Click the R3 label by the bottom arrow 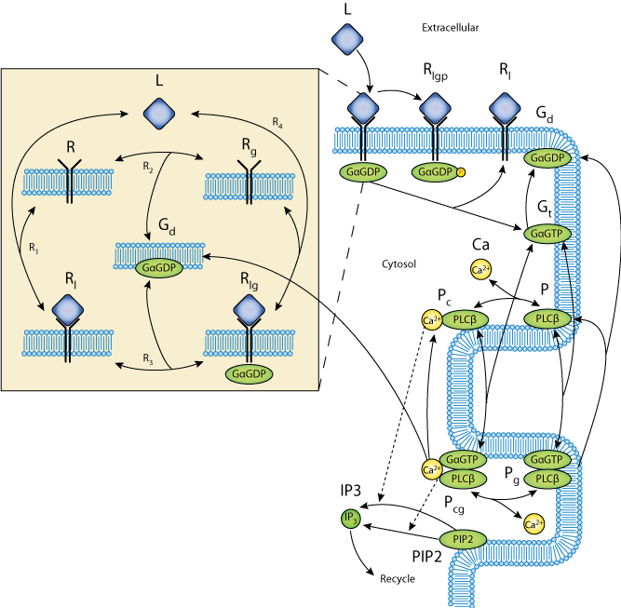[147, 358]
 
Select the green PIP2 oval [463, 539]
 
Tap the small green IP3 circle [350, 519]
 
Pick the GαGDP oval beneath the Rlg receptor [249, 373]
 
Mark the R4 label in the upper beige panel [277, 123]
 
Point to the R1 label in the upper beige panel [34, 248]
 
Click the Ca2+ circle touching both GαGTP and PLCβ [431, 468]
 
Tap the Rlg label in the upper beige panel [249, 278]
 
